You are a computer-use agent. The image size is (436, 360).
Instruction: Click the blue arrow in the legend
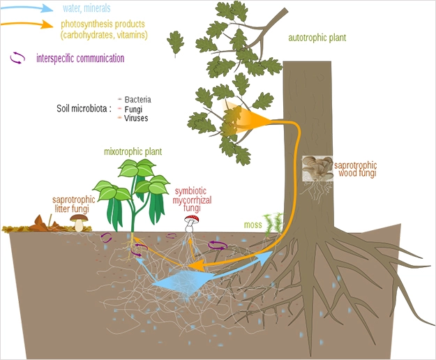[27, 8]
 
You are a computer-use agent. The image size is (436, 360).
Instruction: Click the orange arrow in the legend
[27, 24]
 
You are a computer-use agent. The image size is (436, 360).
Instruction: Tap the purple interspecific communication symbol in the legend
[17, 58]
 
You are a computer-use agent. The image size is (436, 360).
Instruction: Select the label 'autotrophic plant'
[317, 38]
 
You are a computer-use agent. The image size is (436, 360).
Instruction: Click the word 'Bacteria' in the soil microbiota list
[137, 100]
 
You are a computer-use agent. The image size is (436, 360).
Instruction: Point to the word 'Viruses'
[136, 118]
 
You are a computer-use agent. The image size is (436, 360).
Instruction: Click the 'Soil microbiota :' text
[84, 108]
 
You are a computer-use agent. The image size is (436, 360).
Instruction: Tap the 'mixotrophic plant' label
[133, 152]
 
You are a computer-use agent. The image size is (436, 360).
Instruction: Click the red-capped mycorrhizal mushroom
[191, 223]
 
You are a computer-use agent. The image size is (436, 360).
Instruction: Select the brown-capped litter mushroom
[79, 223]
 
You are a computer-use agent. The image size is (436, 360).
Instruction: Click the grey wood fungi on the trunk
[317, 168]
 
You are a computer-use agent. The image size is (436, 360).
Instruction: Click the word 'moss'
[253, 225]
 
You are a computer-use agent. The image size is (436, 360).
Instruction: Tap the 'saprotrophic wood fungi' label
[356, 169]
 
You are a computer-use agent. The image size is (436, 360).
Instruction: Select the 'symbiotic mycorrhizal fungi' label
[192, 200]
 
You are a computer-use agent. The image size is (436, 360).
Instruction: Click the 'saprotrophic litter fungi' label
[73, 204]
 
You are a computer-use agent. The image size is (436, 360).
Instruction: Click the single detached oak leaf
[176, 43]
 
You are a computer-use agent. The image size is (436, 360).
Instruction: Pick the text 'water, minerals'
[87, 8]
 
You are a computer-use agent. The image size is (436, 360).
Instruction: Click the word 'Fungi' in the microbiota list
[133, 109]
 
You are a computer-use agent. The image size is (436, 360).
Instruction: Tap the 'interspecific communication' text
[80, 59]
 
